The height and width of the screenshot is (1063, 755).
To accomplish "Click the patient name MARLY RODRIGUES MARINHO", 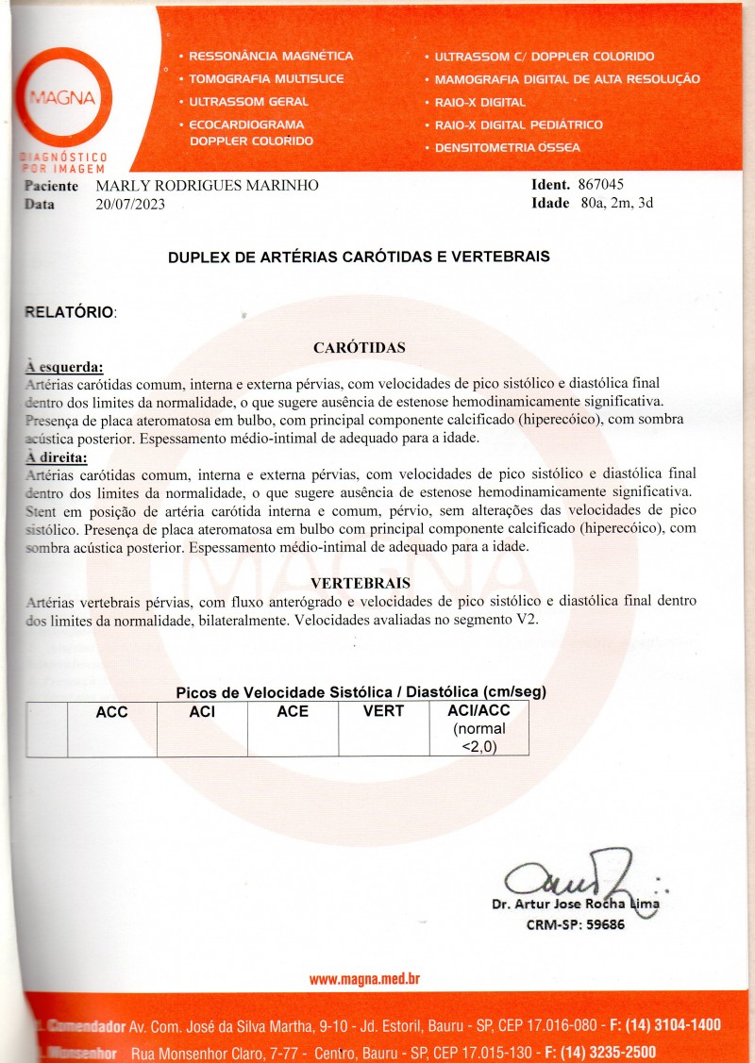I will [x=207, y=186].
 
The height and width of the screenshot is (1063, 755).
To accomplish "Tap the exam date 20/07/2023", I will [x=130, y=204].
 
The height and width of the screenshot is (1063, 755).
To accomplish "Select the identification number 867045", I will [x=600, y=185].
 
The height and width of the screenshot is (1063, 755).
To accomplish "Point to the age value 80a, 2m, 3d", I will [x=616, y=203].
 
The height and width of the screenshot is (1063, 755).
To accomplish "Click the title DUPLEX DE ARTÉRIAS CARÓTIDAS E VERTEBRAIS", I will [x=359, y=257].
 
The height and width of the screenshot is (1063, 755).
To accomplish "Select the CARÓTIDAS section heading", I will [x=359, y=347].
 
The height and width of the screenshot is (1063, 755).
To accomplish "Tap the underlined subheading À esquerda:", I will [x=64, y=366].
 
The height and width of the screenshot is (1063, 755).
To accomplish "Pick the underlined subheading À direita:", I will [x=58, y=458].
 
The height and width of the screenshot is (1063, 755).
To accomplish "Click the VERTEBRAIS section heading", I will [x=360, y=582].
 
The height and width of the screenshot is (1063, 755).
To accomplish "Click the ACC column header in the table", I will [x=111, y=712].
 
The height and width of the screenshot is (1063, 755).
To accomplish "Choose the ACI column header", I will [x=202, y=712].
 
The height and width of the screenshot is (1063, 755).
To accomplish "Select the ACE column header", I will [x=293, y=712].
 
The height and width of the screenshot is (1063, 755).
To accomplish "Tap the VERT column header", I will [x=383, y=711].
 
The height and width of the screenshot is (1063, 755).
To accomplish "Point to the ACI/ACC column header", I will [x=478, y=712].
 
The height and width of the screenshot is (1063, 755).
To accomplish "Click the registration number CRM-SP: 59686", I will [x=575, y=924].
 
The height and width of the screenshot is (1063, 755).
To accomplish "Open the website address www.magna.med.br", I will [x=364, y=979].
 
